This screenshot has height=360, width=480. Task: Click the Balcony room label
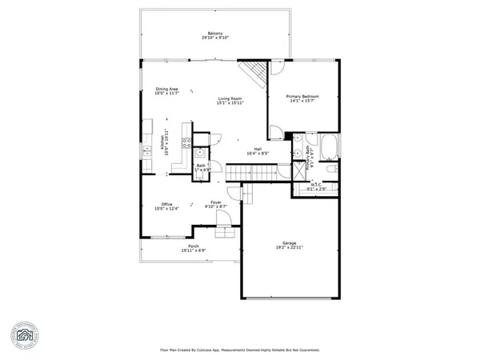[215, 33]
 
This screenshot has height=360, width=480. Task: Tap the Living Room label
[230, 98]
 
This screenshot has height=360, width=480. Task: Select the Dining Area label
[166, 90]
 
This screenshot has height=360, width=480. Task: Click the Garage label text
[289, 242]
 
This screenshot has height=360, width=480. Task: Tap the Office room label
[166, 204]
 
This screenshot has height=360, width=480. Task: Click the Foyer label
[215, 202]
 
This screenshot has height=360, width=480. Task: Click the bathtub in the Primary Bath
[329, 147]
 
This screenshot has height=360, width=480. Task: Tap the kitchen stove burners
[186, 144]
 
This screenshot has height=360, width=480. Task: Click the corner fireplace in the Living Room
[257, 74]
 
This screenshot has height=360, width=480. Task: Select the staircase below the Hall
[250, 172]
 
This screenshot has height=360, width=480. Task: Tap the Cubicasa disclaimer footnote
[239, 350]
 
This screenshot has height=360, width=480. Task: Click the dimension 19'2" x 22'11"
[289, 247]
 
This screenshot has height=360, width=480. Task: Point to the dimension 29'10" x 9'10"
[215, 38]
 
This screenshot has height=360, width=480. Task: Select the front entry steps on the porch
[224, 234]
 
